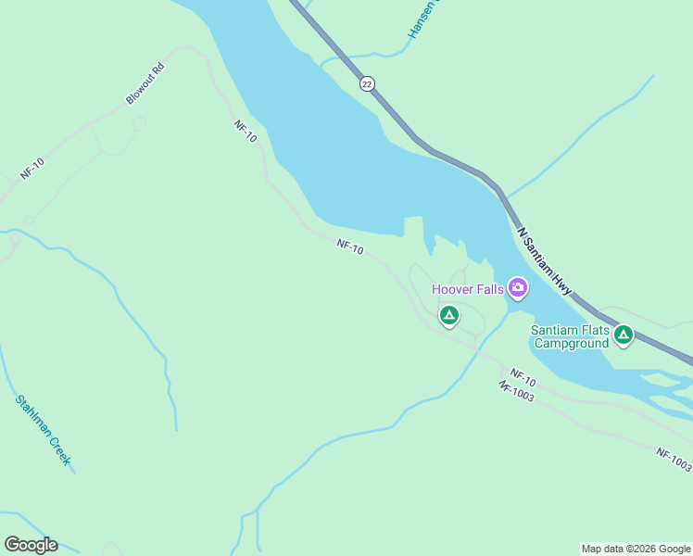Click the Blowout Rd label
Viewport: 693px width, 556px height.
(145, 82)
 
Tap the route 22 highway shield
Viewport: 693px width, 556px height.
(368, 83)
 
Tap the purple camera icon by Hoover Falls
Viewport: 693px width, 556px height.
(518, 288)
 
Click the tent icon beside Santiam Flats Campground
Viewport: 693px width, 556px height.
(624, 335)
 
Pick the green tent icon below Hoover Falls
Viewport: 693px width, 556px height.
(449, 316)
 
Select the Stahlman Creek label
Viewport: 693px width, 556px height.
(43, 430)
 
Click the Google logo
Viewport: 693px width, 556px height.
(31, 545)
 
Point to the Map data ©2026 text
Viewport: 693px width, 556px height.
(636, 549)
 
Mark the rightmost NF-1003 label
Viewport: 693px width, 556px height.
(674, 459)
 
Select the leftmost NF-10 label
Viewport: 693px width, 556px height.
(32, 169)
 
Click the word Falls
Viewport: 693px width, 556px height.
(492, 289)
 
